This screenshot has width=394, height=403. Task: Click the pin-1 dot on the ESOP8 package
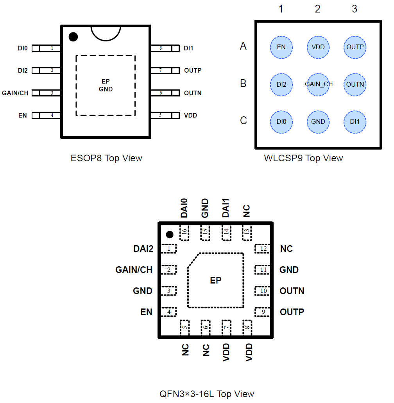point(73,37)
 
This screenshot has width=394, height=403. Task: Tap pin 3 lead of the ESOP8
point(46,93)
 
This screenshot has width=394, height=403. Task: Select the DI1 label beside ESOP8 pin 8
point(188,48)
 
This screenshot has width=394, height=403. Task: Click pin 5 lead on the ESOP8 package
point(165,115)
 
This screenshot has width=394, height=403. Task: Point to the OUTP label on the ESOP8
point(193,71)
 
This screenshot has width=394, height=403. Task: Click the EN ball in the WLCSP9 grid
point(281,47)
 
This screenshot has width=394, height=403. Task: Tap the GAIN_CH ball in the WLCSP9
point(319,84)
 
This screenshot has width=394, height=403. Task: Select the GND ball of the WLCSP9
point(318,121)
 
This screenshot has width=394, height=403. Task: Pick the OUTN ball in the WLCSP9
point(355,84)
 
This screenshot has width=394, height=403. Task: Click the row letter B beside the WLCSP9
point(243,84)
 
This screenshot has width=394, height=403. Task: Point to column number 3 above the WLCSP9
point(354,9)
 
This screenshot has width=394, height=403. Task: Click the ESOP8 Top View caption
point(106,158)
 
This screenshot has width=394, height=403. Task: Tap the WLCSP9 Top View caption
point(303,158)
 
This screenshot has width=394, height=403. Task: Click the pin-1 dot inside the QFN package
point(170,234)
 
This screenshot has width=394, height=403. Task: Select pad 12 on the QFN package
point(263,249)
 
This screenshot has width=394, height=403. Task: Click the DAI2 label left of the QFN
point(143,249)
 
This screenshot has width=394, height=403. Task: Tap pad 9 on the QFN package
point(263,312)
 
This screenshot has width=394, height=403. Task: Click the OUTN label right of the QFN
point(292,291)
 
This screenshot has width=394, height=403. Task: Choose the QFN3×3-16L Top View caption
point(207,394)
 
